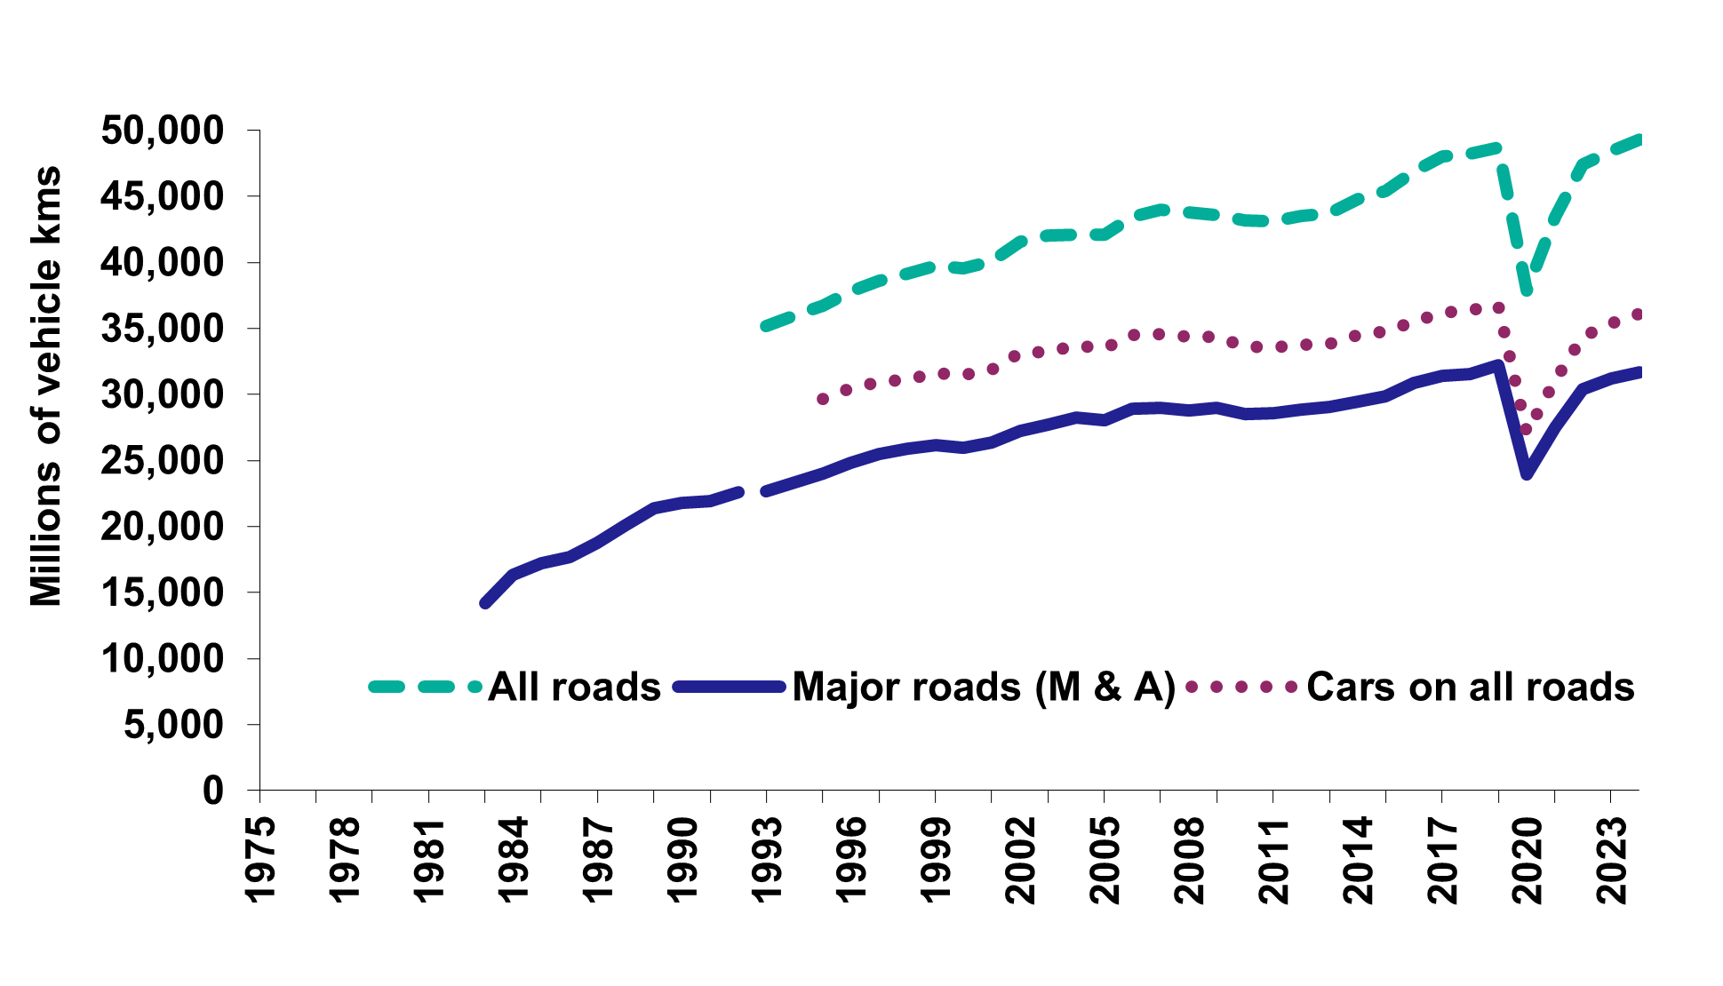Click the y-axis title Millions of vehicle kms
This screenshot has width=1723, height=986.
click(46, 386)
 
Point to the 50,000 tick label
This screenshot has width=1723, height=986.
click(162, 131)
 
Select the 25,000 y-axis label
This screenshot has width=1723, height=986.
click(162, 461)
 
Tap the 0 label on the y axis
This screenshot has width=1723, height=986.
click(213, 791)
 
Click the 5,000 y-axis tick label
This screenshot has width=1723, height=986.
click(174, 725)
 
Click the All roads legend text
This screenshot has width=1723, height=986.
click(574, 688)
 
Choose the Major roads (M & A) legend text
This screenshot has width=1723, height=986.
click(983, 688)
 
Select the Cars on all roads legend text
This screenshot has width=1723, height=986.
click(1470, 688)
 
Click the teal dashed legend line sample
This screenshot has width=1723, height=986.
click(425, 687)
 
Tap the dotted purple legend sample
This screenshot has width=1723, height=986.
click(1240, 687)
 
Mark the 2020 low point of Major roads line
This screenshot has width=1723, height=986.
click(1527, 473)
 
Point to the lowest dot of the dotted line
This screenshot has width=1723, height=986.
click(1527, 430)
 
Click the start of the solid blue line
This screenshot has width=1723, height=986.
click(485, 603)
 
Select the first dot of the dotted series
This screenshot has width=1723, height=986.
click(823, 400)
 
